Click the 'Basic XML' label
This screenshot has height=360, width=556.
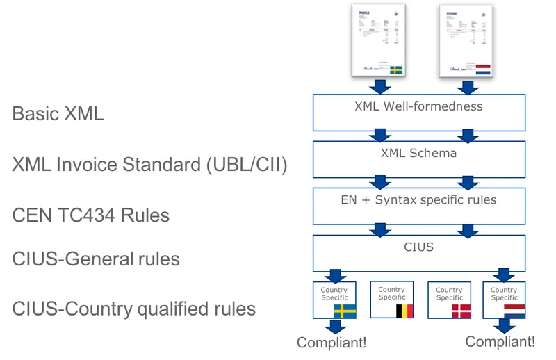tap(58, 114)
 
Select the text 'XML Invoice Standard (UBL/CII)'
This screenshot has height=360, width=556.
tap(149, 165)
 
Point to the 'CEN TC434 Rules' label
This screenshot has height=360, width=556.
tap(90, 215)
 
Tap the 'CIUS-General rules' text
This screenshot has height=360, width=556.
tap(96, 259)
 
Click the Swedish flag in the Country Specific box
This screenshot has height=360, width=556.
tap(344, 311)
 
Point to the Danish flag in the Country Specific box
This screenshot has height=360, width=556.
tap(460, 311)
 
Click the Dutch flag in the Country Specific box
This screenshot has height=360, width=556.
tap(514, 311)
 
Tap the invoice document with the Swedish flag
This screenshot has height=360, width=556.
tap(379, 40)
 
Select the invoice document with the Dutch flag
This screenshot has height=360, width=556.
tap(466, 40)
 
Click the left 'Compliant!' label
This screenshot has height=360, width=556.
tap(331, 343)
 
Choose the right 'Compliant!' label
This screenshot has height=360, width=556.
tap(500, 342)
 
